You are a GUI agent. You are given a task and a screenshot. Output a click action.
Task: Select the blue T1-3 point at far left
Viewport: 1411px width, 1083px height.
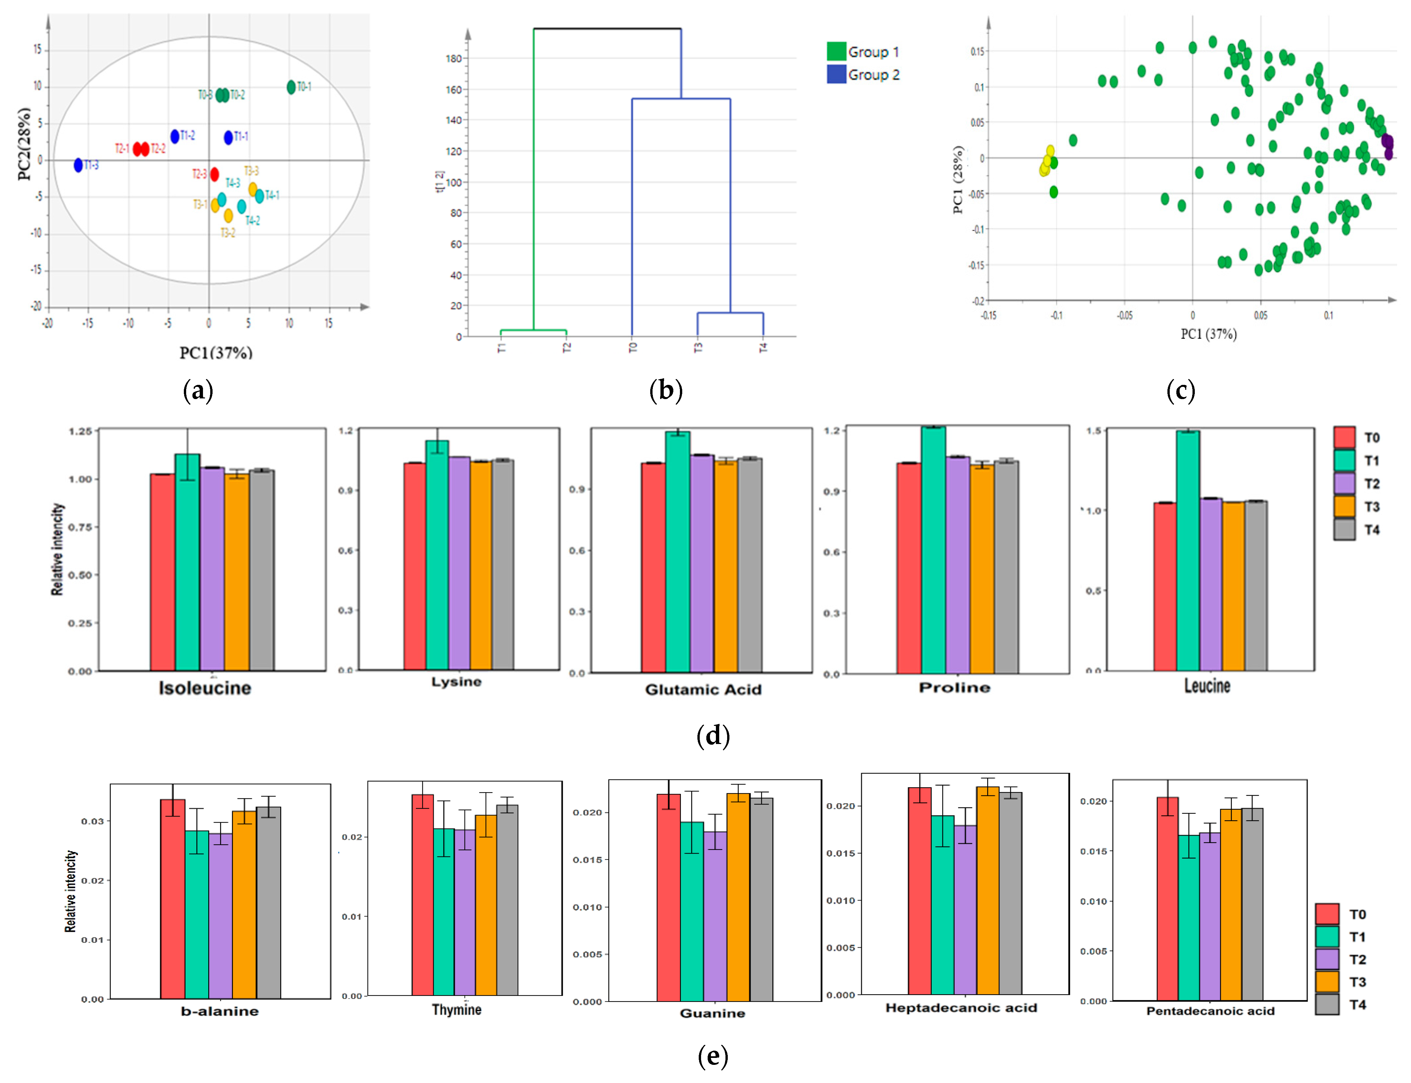78,165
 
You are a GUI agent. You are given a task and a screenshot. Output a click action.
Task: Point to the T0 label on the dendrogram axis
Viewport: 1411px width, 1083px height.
632,348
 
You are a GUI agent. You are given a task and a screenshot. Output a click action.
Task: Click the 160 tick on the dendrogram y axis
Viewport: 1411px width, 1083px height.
454,89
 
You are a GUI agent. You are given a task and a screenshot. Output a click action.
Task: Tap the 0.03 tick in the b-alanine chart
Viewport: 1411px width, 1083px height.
92,821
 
